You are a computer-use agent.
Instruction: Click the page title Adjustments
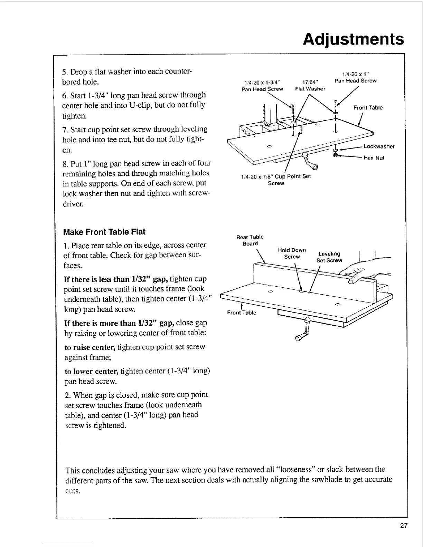(x=353, y=39)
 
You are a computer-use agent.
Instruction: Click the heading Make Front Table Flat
(x=104, y=232)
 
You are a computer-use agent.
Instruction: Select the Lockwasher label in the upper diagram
(x=379, y=146)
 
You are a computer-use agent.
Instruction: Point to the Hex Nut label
(x=375, y=158)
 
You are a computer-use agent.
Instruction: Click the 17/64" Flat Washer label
(x=310, y=85)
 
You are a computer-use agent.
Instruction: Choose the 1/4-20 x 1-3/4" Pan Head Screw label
(x=262, y=85)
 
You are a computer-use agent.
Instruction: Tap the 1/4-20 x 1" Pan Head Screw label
(x=356, y=78)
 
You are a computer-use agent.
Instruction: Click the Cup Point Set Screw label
(x=276, y=180)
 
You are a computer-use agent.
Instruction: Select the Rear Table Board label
(x=250, y=240)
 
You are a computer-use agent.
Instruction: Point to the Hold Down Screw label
(x=292, y=253)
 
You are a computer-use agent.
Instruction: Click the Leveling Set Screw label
(x=329, y=257)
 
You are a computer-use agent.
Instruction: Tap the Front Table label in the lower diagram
(x=242, y=313)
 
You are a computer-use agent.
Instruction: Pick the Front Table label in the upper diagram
(x=368, y=107)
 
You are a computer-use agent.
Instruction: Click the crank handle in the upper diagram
(x=310, y=162)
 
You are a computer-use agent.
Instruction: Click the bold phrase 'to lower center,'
(x=92, y=371)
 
